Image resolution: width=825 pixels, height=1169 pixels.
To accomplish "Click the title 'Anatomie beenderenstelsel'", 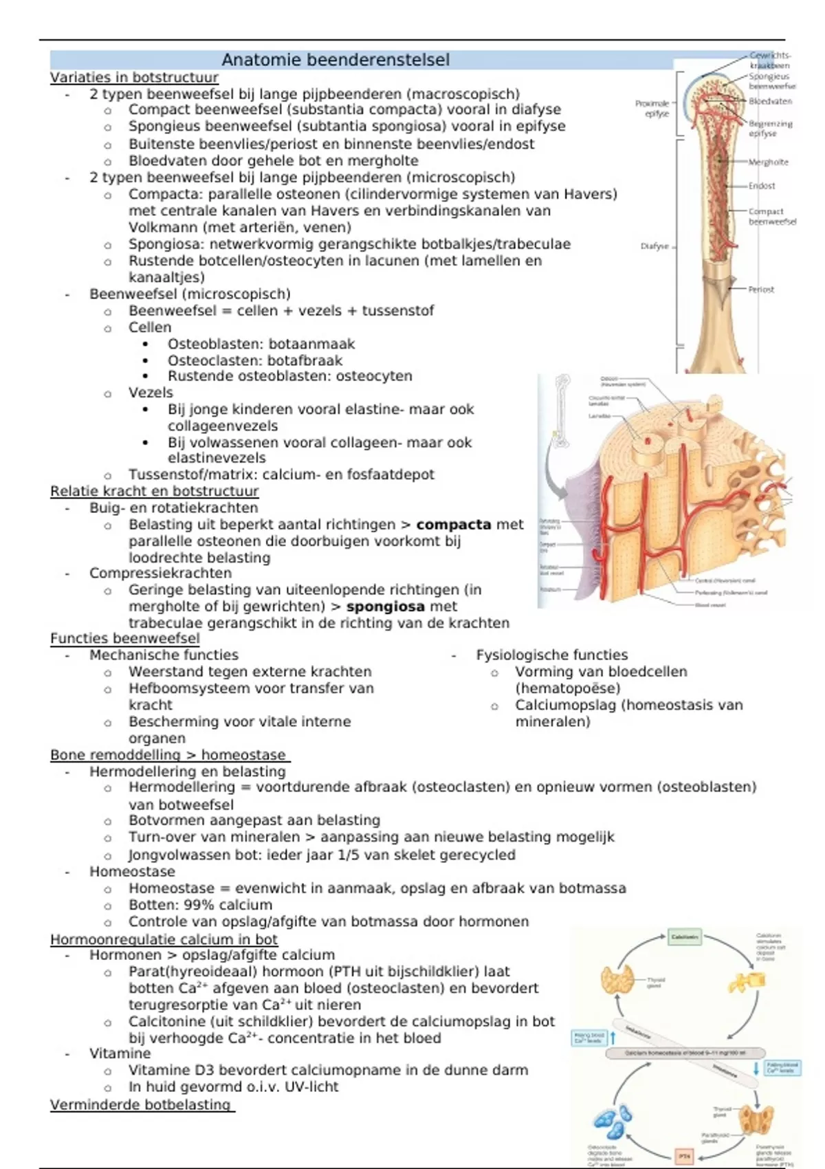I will pos(335,60).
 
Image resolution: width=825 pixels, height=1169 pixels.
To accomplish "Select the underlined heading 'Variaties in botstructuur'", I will pos(134,78).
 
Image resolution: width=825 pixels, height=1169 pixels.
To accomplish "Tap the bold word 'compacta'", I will pos(454,525).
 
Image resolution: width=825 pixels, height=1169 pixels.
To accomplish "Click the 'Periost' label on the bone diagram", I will pos(761,289).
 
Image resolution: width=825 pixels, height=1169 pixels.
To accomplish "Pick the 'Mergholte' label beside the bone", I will pos(768,162).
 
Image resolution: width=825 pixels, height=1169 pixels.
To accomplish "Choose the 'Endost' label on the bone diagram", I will pos(762,186).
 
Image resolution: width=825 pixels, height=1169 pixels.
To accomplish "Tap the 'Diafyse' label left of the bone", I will pos(654,246).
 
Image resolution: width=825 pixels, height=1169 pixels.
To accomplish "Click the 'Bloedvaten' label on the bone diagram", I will pos(770,101).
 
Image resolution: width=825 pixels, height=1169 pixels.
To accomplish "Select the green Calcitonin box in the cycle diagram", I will pos(685,937).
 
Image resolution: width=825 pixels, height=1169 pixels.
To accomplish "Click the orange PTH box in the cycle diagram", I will pos(685,1155).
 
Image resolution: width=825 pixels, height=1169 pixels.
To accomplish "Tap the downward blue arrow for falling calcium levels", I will pos(756,1068).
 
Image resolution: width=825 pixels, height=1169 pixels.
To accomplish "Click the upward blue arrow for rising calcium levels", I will pos(613,1038).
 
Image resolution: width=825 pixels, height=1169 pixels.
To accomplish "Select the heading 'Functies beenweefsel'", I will pos(125,639).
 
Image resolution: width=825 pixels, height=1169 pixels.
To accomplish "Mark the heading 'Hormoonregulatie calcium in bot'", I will pos(164,940).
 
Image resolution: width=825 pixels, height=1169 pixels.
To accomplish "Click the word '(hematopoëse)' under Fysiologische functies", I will pos(568,688).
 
